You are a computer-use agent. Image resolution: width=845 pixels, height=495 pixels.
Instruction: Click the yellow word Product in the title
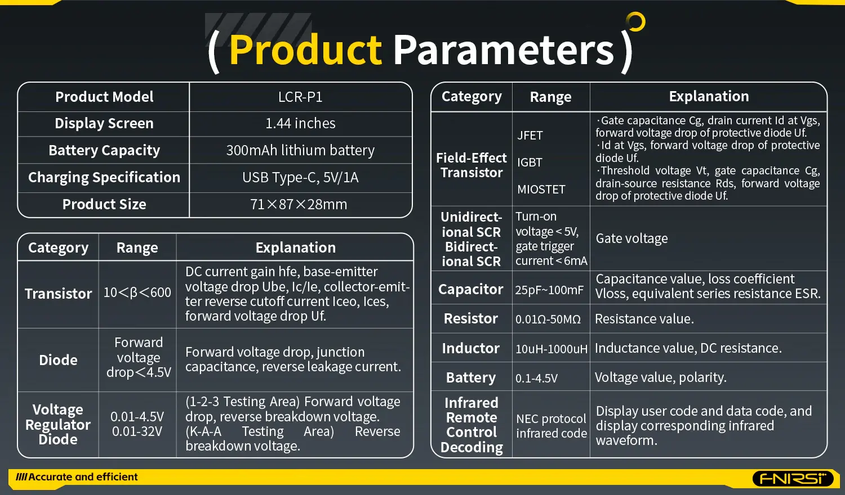305,50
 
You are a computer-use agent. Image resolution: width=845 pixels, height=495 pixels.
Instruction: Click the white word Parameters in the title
503,50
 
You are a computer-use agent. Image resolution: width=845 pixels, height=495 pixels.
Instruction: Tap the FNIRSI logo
793,479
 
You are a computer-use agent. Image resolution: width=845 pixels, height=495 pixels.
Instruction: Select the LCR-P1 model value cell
300,97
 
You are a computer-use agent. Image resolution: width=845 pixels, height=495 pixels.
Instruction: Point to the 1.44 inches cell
300,123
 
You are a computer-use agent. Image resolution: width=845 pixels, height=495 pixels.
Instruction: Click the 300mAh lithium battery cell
300,150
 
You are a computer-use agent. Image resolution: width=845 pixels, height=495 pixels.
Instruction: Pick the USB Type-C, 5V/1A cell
300,177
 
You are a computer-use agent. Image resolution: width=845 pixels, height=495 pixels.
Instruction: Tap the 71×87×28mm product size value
299,204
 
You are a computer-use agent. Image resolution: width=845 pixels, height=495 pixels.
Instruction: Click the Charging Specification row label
104,177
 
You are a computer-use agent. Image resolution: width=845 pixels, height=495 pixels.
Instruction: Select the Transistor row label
58,294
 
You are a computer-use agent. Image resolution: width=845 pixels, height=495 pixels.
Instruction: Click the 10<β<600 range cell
137,292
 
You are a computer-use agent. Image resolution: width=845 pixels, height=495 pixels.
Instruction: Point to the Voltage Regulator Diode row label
58,425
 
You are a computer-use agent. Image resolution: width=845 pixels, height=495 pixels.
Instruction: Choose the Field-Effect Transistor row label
472,165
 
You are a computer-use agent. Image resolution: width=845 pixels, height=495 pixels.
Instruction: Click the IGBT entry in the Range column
530,163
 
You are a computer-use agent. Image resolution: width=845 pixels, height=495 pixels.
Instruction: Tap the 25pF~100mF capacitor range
549,290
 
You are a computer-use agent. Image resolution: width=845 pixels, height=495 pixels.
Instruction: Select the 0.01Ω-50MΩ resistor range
548,319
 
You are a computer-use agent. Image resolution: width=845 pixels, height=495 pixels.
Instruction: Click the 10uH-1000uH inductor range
551,349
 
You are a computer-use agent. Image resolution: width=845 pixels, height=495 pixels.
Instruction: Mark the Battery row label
471,377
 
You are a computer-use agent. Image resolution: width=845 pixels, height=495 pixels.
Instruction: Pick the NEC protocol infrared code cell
551,426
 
